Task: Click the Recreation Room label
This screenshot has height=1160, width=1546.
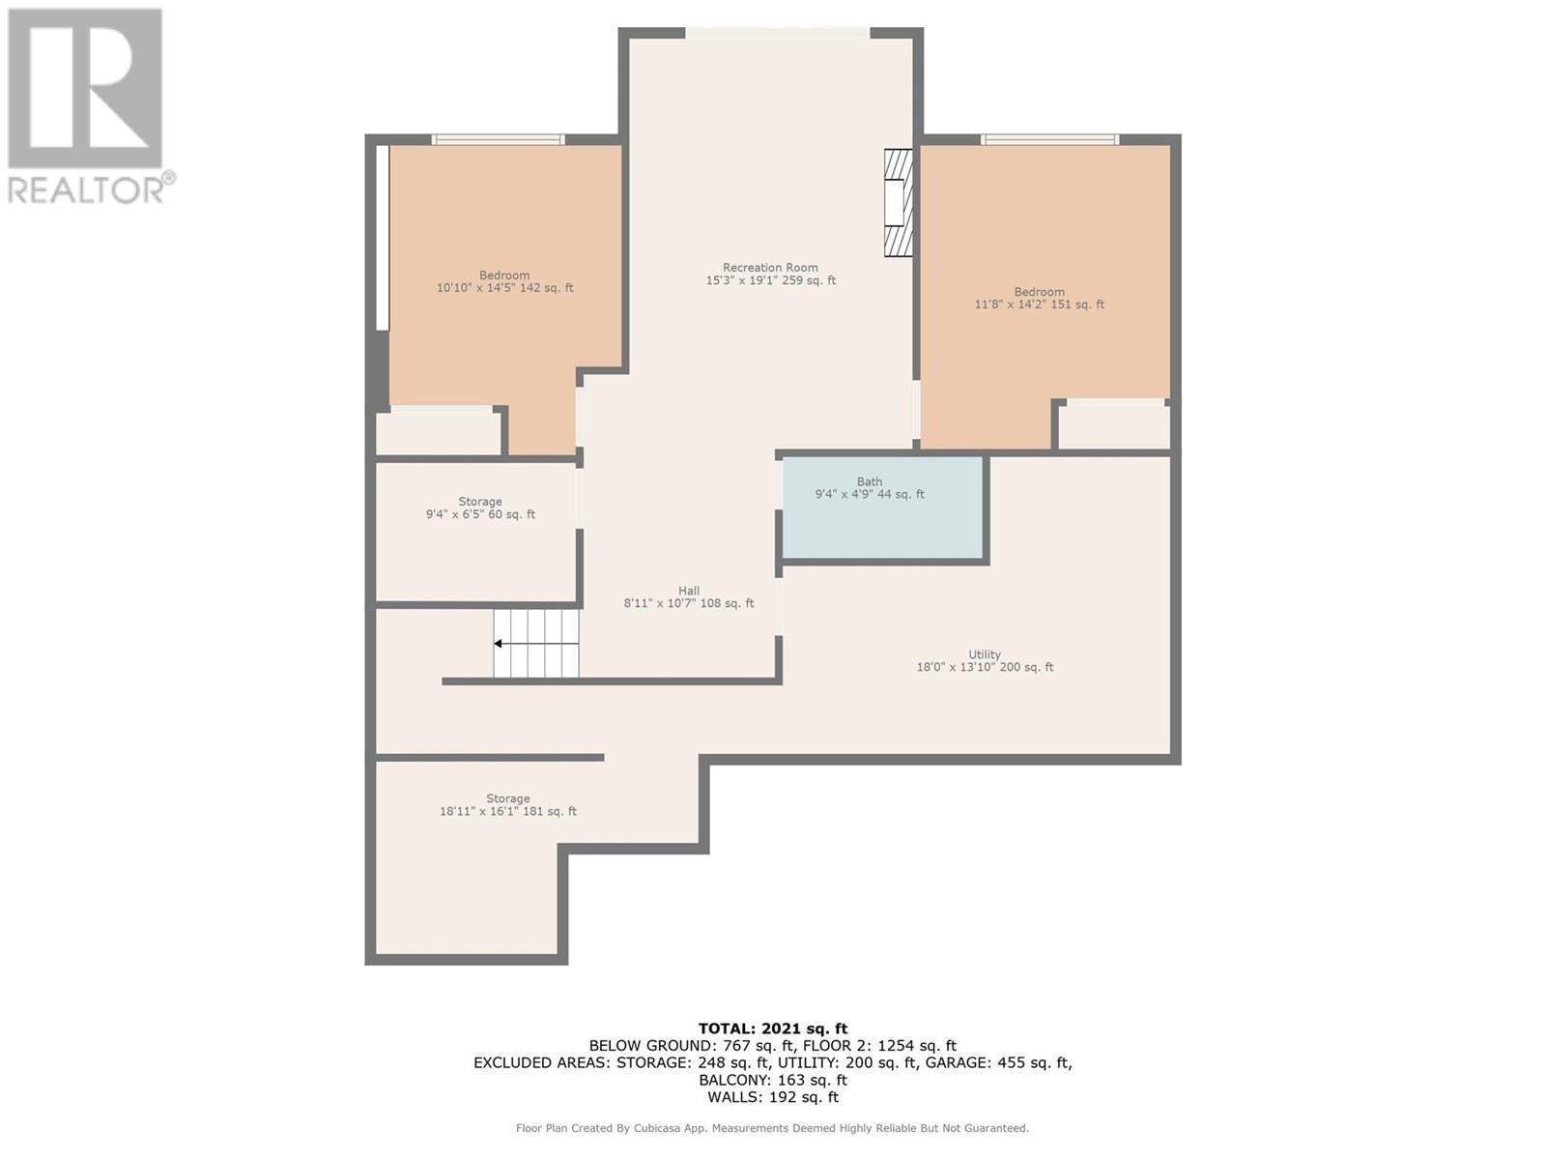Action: [x=770, y=268]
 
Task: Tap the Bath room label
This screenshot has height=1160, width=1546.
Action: [x=869, y=481]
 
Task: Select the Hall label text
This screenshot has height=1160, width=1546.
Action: [x=688, y=591]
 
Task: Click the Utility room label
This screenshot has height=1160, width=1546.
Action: [x=985, y=654]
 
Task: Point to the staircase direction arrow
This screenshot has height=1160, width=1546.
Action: [x=499, y=644]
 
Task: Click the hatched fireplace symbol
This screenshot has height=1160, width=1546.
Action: [x=898, y=202]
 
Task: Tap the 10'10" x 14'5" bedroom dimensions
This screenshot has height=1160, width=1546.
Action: [x=504, y=288]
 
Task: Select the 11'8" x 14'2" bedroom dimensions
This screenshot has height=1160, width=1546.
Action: [x=1039, y=304]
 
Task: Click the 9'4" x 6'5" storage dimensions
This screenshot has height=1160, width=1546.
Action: [x=480, y=514]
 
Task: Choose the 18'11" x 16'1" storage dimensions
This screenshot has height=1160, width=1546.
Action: [x=507, y=811]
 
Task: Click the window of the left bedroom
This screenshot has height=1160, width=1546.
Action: [x=498, y=140]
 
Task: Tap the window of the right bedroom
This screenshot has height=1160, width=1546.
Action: [x=1049, y=140]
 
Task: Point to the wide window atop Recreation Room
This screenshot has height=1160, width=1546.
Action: [x=777, y=34]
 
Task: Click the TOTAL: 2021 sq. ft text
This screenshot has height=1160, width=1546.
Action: [x=772, y=1029]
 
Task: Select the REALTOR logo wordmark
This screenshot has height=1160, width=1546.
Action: [x=90, y=189]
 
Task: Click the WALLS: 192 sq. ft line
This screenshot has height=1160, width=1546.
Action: [x=772, y=1097]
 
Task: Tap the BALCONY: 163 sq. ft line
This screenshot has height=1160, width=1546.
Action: [x=772, y=1080]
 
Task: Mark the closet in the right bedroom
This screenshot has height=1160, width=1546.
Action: [x=1114, y=426]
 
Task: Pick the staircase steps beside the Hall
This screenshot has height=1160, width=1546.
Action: [x=537, y=644]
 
